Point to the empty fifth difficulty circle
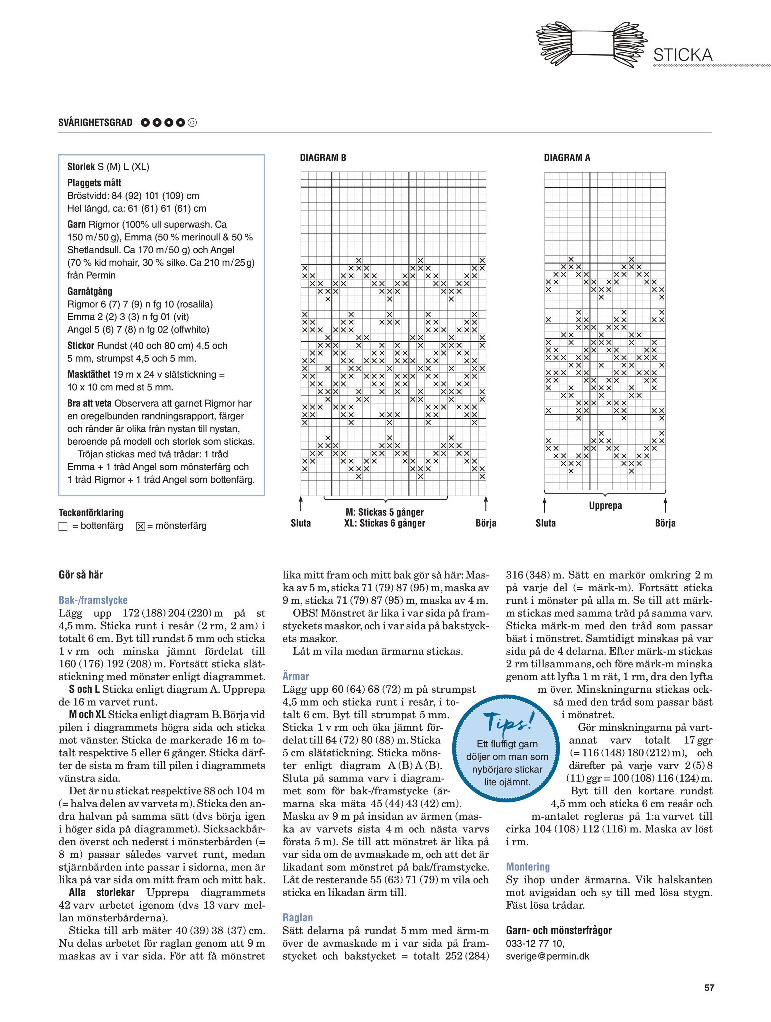coord(192,123)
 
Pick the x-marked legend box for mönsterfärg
coord(141,526)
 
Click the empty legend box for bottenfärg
coord(63,526)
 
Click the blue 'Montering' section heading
coord(528,867)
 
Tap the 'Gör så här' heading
coord(81,575)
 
